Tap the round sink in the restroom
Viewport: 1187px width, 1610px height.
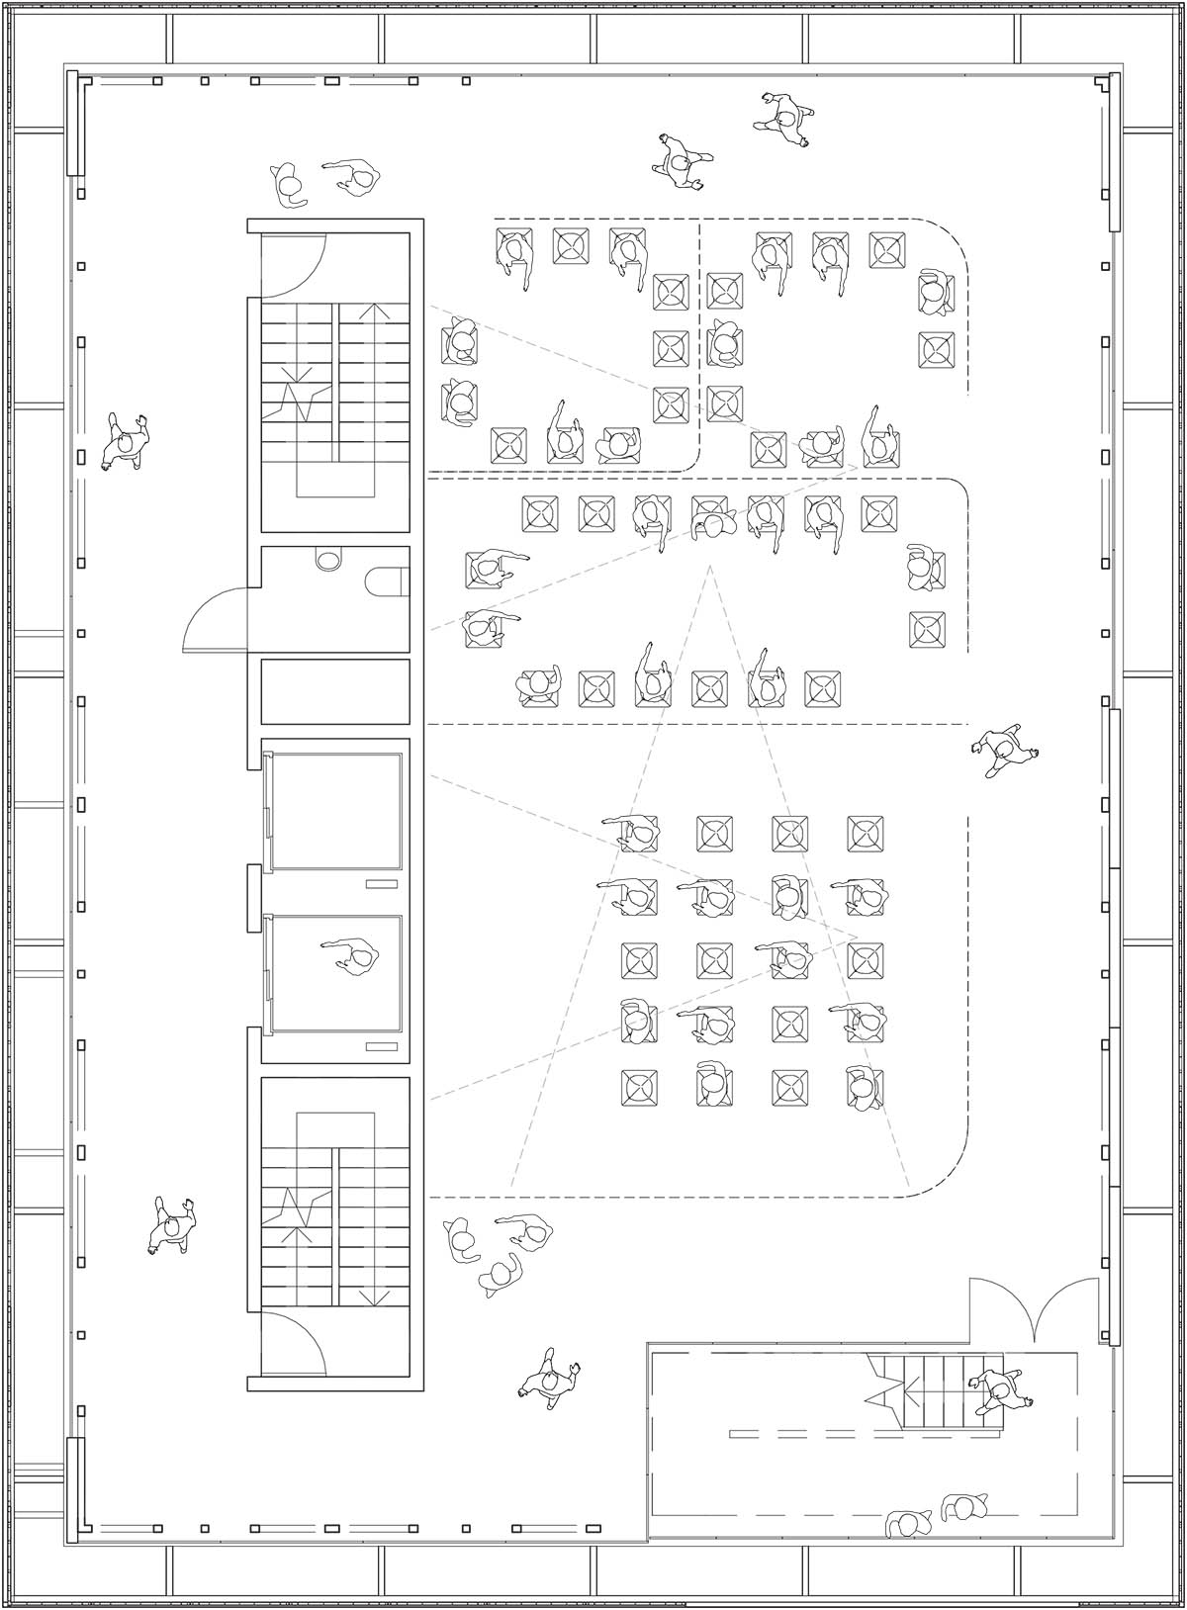point(326,559)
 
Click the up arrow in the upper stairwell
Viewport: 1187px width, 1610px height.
point(374,313)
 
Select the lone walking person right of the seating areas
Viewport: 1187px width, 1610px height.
point(1002,752)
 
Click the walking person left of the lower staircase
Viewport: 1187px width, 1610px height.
point(172,1225)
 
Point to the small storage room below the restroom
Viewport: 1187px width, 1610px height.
point(334,691)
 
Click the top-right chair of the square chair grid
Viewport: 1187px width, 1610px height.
point(866,834)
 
